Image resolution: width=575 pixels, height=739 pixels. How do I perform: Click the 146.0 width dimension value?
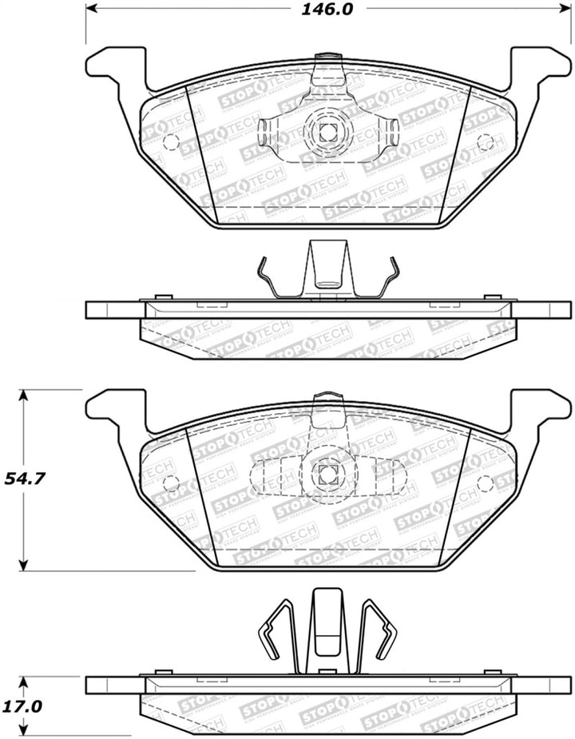[x=326, y=10]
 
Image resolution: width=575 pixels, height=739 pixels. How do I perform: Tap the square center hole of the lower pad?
[x=326, y=473]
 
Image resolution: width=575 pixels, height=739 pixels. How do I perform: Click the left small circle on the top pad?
[x=169, y=143]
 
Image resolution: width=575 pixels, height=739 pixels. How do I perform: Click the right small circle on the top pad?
[x=483, y=143]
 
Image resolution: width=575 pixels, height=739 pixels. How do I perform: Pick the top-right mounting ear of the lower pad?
[x=540, y=407]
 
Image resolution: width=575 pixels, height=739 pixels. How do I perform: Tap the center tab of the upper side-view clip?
[x=326, y=268]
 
